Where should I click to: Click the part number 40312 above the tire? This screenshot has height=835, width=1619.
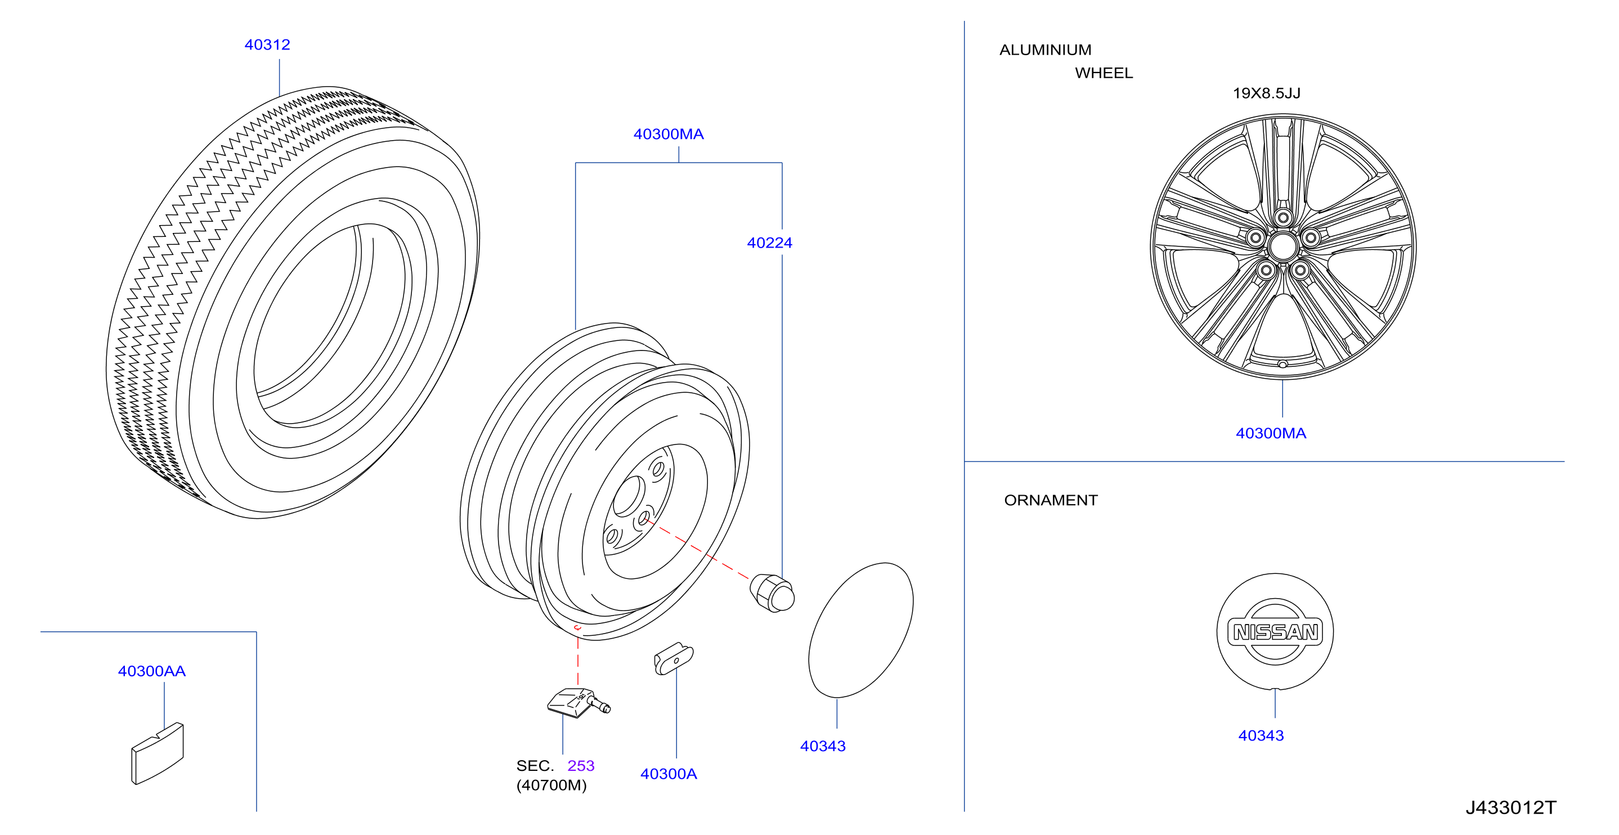[x=267, y=44]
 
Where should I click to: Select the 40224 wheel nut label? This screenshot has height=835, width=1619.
[x=769, y=243]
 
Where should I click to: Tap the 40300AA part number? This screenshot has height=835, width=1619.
[x=151, y=671]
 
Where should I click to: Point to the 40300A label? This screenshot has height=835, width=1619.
[x=668, y=774]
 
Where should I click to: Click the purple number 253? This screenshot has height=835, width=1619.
[x=581, y=765]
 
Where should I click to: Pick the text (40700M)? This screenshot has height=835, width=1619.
[x=551, y=785]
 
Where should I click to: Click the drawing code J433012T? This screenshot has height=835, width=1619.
[x=1510, y=807]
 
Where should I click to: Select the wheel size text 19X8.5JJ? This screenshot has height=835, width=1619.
[x=1266, y=93]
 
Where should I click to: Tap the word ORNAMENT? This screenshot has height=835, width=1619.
[x=1051, y=500]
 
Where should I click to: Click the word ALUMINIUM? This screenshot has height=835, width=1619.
[x=1045, y=50]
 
